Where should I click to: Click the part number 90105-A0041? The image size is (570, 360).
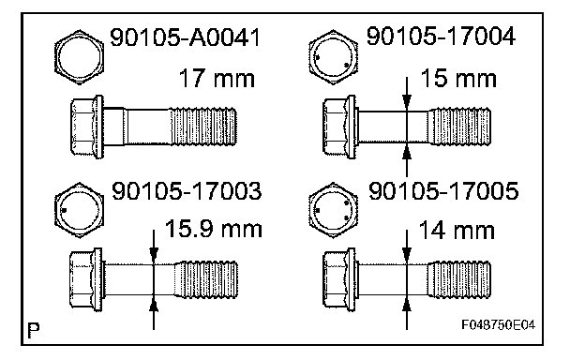click(x=185, y=37)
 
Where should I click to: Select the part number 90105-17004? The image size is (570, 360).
click(x=441, y=36)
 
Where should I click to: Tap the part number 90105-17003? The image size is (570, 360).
click(x=187, y=191)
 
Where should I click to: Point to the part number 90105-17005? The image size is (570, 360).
click(x=443, y=191)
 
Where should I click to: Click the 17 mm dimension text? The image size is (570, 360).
click(x=217, y=78)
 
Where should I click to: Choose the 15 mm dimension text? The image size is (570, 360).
click(x=458, y=78)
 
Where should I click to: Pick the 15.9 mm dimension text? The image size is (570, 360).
click(x=214, y=229)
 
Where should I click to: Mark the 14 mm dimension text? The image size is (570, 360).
click(x=457, y=231)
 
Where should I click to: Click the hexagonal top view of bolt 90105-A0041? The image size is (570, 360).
click(x=79, y=57)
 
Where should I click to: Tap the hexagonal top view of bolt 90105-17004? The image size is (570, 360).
click(x=334, y=57)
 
